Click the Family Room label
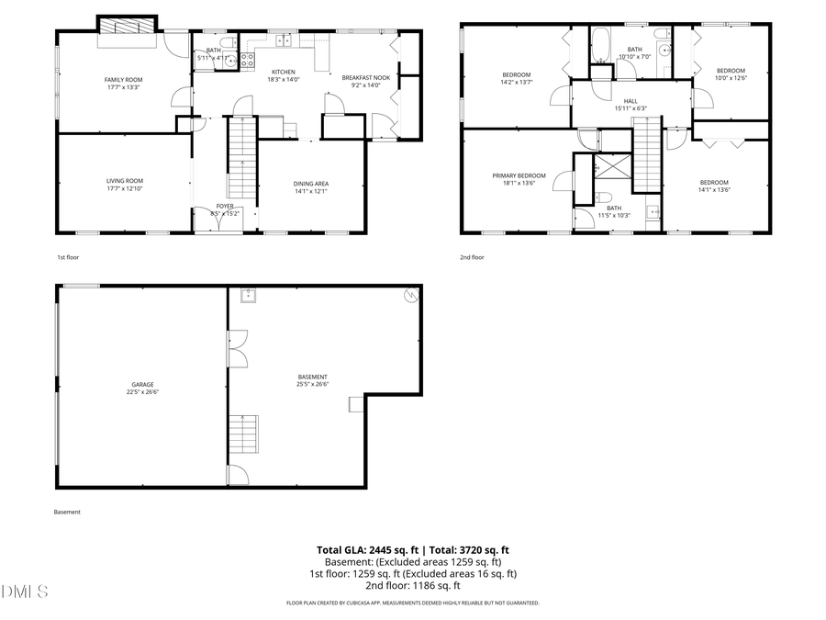123,80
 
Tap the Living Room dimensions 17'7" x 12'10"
124,188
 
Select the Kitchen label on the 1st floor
282,71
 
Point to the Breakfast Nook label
365,78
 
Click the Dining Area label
311,184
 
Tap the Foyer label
225,206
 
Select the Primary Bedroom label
519,175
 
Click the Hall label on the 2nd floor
631,101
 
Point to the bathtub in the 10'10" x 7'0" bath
601,43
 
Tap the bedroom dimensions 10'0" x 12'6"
731,78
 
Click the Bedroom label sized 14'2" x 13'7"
516,74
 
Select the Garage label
141,384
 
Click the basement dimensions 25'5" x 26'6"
313,384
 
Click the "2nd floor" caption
472,257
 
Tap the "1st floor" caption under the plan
67,257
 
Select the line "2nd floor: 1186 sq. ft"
412,585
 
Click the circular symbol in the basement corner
412,295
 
